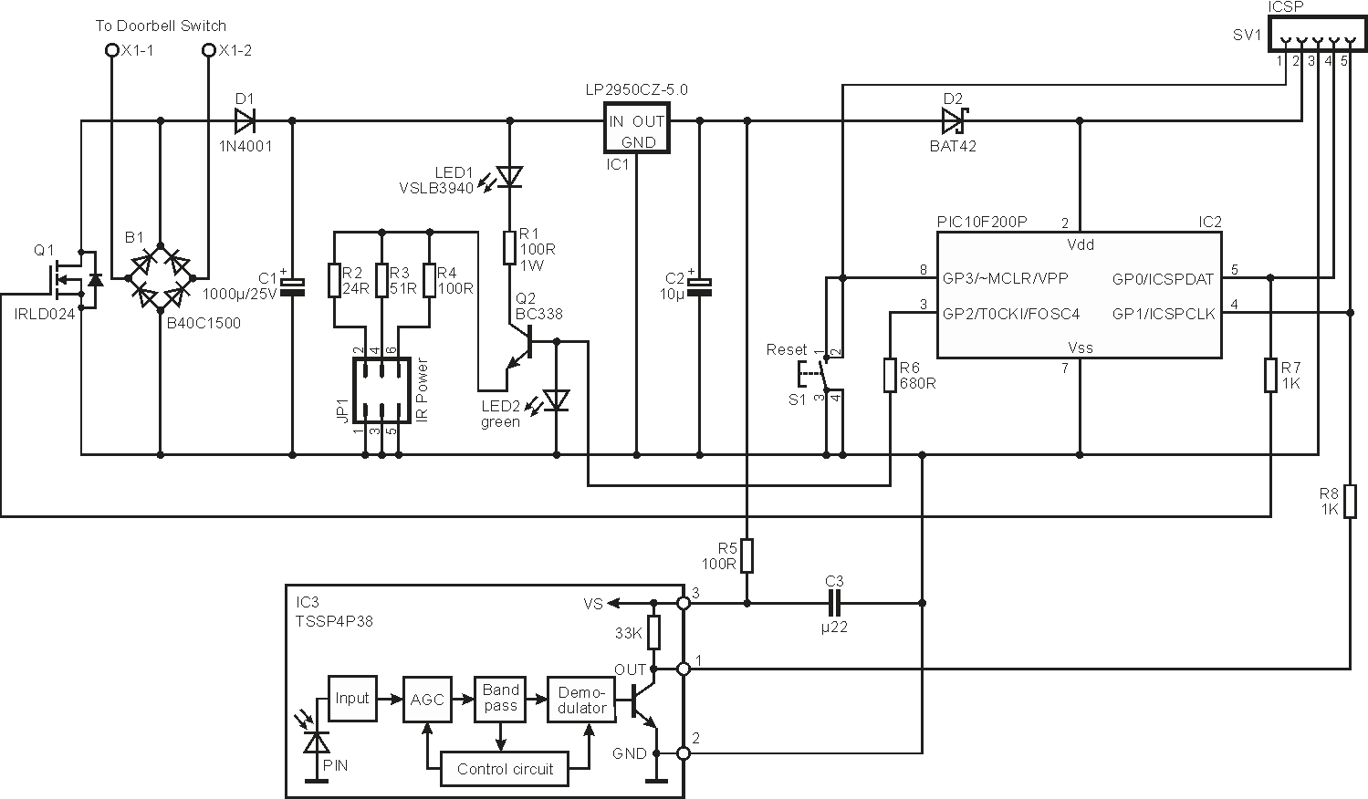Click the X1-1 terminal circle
(111, 50)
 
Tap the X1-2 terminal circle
(209, 50)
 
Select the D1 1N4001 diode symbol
(245, 121)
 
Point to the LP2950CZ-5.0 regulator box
(636, 127)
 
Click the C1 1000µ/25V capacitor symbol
(292, 287)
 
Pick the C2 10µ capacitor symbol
(699, 287)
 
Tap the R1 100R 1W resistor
(509, 247)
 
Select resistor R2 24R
(334, 280)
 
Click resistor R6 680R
(890, 375)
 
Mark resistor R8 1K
(1351, 501)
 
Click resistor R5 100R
(747, 555)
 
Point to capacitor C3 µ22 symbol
(834, 603)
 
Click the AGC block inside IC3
(427, 700)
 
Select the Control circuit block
(505, 769)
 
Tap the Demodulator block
(581, 700)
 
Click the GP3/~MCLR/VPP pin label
(1005, 279)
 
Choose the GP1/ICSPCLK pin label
(1164, 315)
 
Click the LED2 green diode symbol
(556, 401)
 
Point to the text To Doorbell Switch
(161, 26)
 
